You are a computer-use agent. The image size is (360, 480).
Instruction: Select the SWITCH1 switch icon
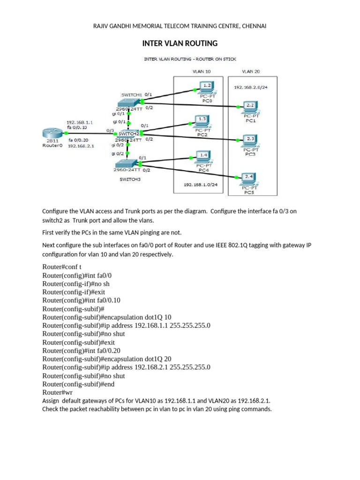point(130,102)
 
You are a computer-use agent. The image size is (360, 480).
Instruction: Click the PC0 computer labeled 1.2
point(206,87)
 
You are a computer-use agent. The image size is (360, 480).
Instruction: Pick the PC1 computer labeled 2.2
point(249,106)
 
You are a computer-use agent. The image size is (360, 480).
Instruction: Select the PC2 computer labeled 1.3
point(202,120)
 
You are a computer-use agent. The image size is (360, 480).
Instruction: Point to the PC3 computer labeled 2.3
point(249,140)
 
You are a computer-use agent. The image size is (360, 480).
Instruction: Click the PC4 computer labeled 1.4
point(203,156)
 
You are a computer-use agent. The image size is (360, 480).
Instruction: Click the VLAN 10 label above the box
point(202,72)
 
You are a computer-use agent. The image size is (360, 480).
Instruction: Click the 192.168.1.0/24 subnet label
point(201,184)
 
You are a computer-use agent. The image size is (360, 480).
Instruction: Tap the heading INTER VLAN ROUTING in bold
point(180,44)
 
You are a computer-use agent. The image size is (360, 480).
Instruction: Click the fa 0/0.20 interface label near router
point(78,140)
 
